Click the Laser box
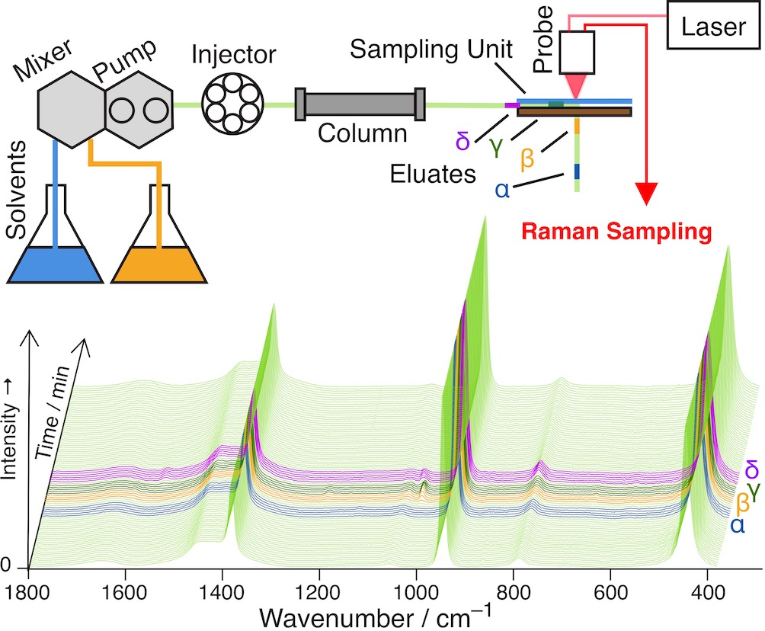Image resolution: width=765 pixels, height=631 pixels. tap(715, 28)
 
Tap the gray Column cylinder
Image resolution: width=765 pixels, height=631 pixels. tap(360, 104)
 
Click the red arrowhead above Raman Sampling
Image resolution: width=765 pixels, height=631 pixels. tap(647, 196)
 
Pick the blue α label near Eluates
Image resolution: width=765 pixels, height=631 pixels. tap(503, 189)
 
